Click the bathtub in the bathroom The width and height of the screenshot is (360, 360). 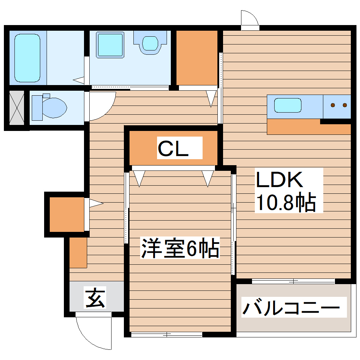click(x=27, y=58)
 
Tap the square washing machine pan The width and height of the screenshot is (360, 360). click(x=110, y=45)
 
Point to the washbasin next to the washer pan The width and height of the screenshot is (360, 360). click(x=150, y=43)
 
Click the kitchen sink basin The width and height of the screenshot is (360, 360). click(x=288, y=105)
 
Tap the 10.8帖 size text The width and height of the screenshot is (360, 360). click(x=286, y=203)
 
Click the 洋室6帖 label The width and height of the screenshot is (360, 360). click(x=180, y=248)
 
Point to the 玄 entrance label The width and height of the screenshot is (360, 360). click(x=95, y=297)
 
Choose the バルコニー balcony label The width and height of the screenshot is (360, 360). click(x=291, y=308)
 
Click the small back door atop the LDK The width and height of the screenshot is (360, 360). click(x=250, y=20)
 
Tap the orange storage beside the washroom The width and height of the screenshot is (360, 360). click(x=197, y=58)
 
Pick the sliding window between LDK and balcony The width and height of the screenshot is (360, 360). click(x=293, y=281)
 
